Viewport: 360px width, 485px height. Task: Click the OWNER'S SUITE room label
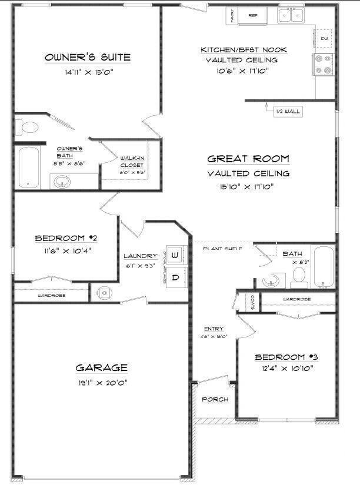[88, 57]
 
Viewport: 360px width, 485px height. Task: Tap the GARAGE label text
[101, 368]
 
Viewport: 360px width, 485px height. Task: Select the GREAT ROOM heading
[248, 159]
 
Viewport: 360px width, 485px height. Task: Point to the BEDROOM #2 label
[66, 238]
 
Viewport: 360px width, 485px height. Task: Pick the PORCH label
[215, 400]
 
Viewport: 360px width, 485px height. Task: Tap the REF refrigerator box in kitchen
[253, 15]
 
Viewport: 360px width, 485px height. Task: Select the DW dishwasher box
[324, 39]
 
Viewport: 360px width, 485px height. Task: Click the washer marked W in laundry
[175, 255]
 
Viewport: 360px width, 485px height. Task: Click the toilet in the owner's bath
[28, 126]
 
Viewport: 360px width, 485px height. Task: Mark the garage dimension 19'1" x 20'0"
[101, 382]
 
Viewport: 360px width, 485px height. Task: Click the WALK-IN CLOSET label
[132, 162]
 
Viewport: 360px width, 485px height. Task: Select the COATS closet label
[252, 303]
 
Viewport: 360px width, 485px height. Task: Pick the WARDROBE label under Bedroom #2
[52, 295]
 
